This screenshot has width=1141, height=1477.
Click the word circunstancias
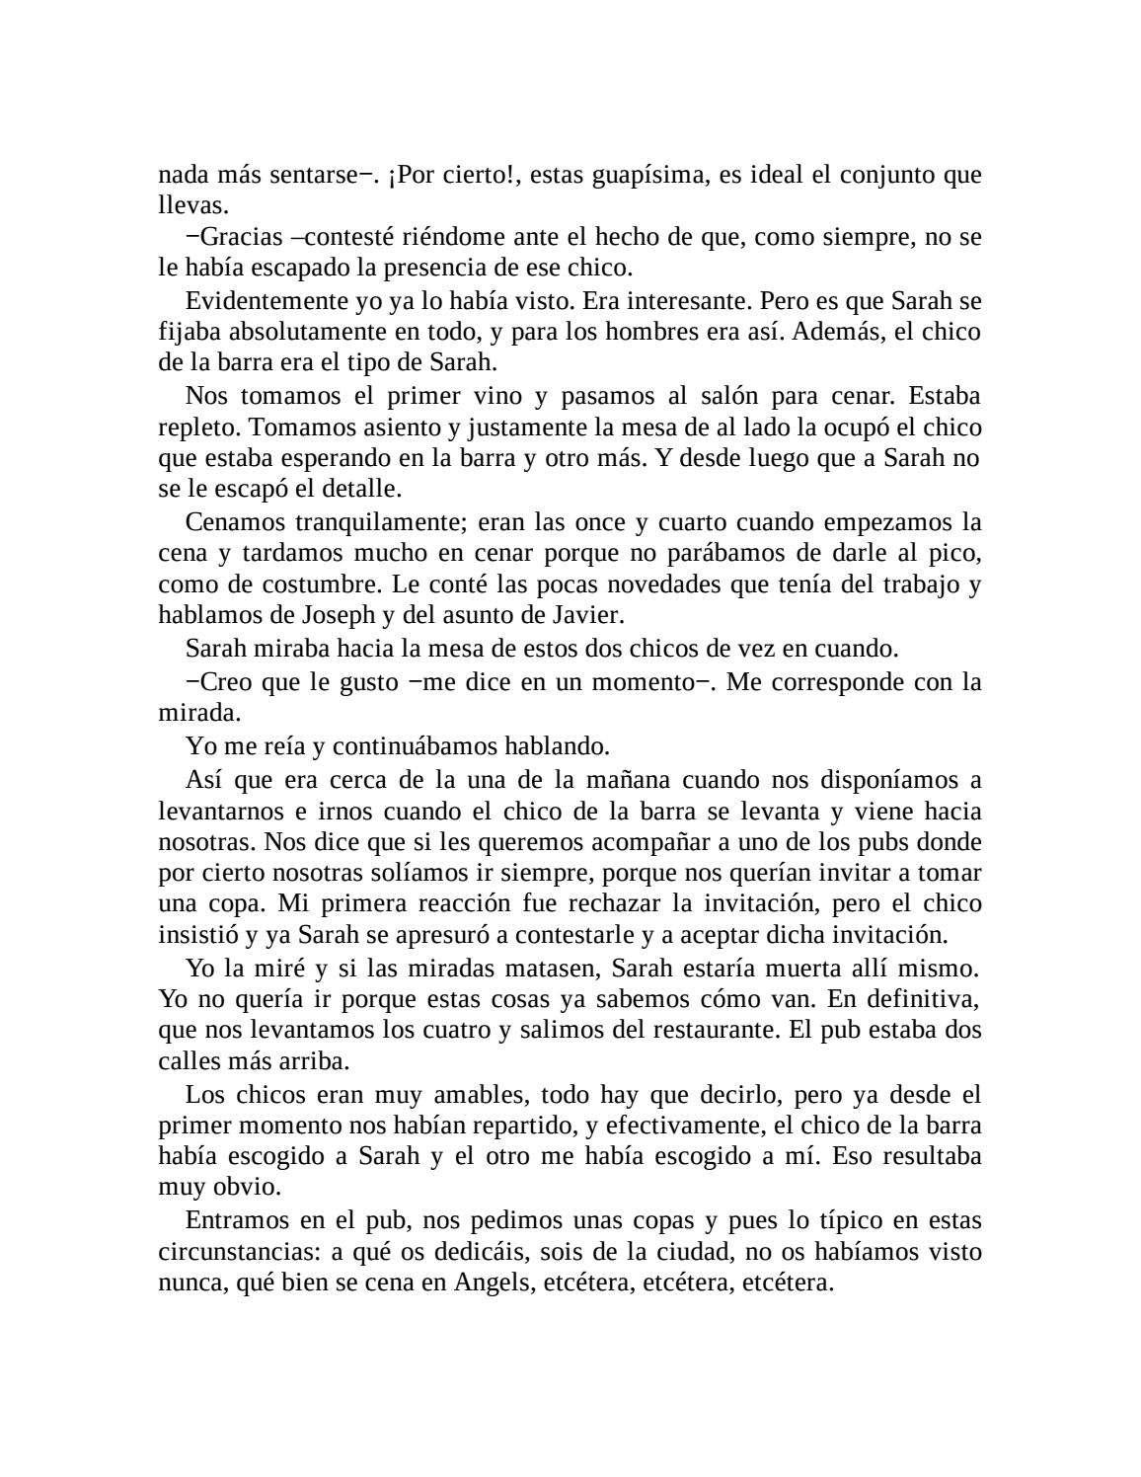click(234, 1252)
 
